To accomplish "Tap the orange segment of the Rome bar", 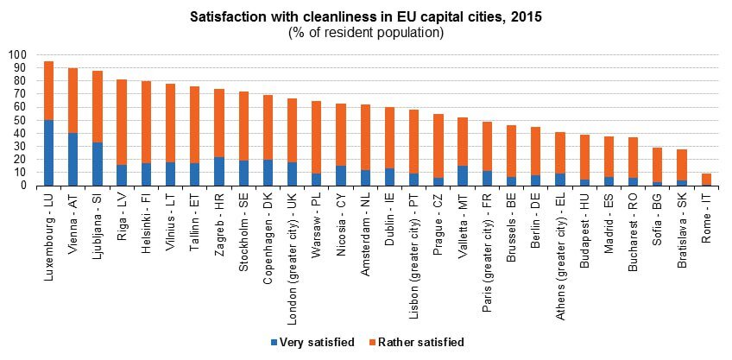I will (x=706, y=179).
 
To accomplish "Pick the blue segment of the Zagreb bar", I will (x=219, y=171).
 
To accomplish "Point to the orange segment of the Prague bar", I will (x=438, y=146).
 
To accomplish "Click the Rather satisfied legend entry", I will (x=420, y=342).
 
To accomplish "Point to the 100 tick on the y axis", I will (x=18, y=54).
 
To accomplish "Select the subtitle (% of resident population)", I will (x=366, y=33).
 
